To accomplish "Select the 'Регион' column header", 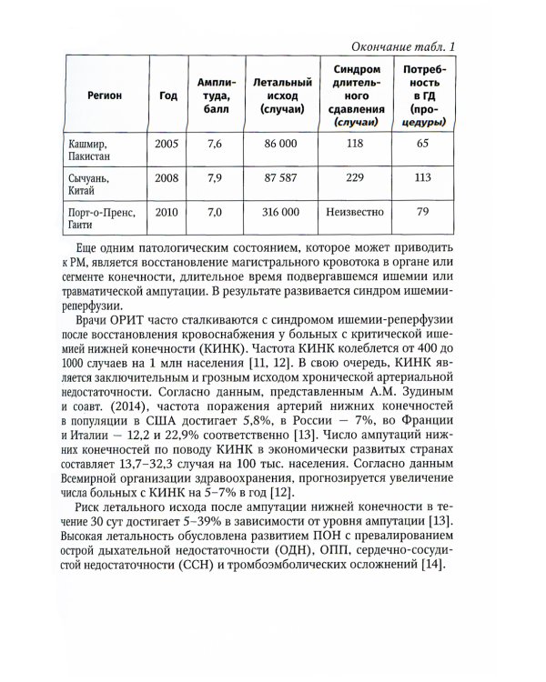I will (x=106, y=95).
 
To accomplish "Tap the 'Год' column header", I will (x=167, y=95).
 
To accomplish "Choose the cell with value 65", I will (x=422, y=143).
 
